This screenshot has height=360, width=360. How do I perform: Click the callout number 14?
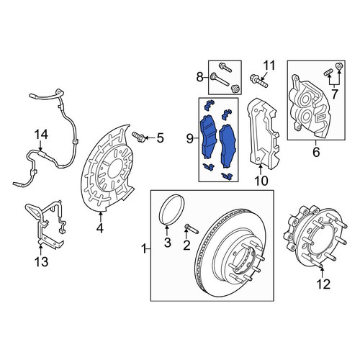[41, 135]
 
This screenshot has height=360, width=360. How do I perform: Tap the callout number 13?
[41, 261]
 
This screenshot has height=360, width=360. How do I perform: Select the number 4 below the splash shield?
[100, 228]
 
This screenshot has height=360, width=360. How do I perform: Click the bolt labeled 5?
[138, 137]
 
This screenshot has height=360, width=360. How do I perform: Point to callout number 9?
[189, 139]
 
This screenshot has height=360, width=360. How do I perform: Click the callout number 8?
[199, 77]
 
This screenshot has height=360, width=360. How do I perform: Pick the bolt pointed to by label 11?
[258, 81]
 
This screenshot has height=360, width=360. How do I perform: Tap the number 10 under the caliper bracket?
[261, 181]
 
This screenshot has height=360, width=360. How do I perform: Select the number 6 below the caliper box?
[316, 152]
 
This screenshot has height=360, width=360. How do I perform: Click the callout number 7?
[334, 94]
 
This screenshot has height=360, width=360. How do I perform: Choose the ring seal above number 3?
[172, 210]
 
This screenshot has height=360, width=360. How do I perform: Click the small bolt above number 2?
[192, 228]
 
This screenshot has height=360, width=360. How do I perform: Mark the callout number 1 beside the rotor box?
[144, 249]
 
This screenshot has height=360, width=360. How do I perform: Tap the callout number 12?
[323, 284]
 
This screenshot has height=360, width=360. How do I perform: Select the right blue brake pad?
[228, 146]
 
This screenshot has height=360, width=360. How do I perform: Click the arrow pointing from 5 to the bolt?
[150, 138]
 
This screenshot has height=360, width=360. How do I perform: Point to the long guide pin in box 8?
[220, 80]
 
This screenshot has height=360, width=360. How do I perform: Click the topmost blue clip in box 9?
[209, 104]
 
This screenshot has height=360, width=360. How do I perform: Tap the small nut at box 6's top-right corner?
[338, 66]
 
